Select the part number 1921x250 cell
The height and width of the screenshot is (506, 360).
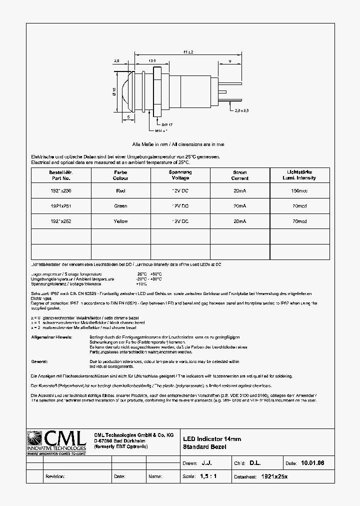point(60,190)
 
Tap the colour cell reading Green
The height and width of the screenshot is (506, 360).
point(120,206)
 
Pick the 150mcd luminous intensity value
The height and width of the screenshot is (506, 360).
point(299,190)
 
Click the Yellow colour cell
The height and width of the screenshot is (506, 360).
point(120,221)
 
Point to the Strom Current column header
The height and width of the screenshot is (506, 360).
point(240,175)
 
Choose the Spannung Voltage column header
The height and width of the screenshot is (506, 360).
point(180,175)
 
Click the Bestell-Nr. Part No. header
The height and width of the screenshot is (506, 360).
point(60,175)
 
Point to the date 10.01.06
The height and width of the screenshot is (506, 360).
point(312,463)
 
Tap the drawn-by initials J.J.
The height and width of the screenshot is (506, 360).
point(206,463)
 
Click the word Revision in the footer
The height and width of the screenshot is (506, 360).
point(55,476)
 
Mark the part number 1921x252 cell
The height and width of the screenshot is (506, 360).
point(60,221)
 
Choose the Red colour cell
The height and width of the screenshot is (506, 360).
point(120,190)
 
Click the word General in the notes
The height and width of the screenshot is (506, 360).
point(39,361)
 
